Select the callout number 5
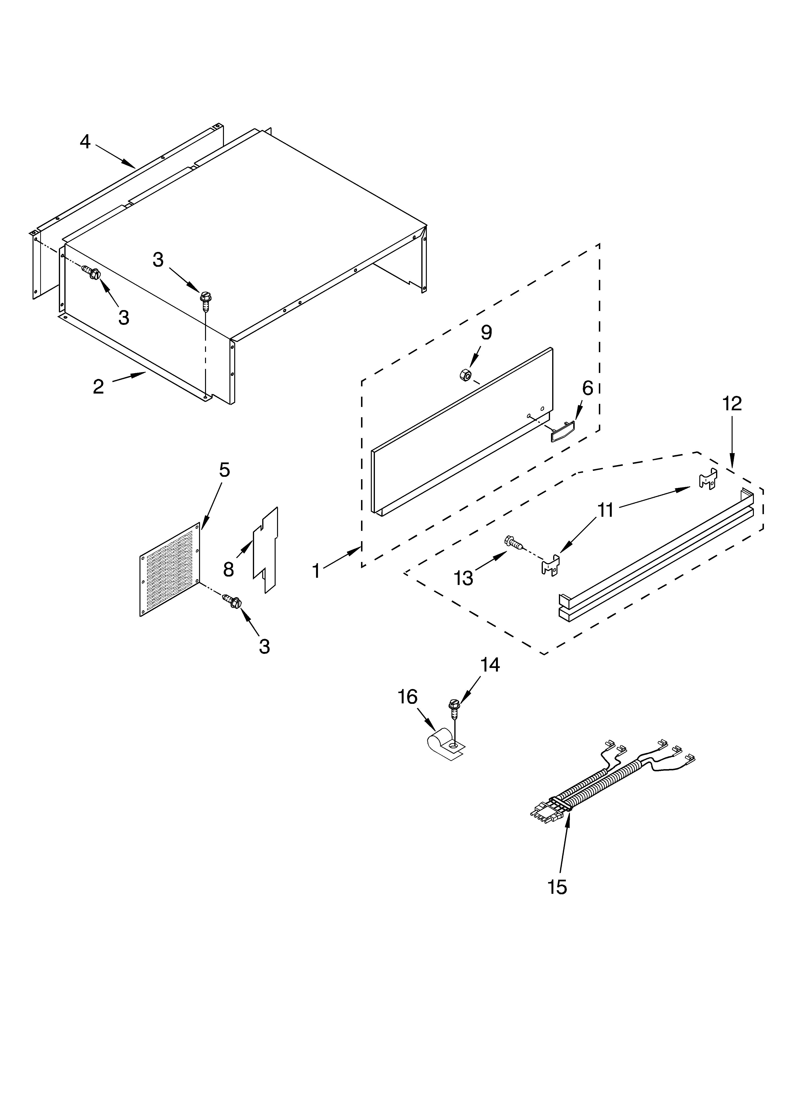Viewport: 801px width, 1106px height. (x=224, y=470)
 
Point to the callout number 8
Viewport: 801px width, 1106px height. (x=228, y=569)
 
